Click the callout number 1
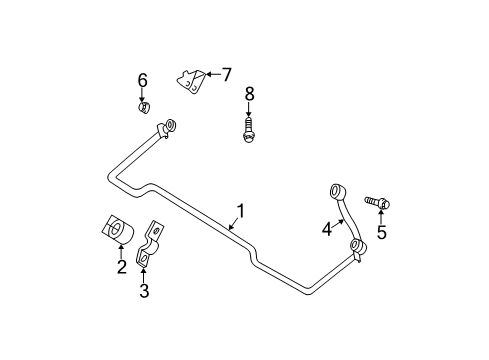240,212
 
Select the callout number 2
121,266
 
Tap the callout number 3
144,291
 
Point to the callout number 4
326,229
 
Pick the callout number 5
380,234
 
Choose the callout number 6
142,80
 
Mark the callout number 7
227,73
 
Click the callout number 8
249,94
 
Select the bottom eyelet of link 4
356,246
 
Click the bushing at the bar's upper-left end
168,125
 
